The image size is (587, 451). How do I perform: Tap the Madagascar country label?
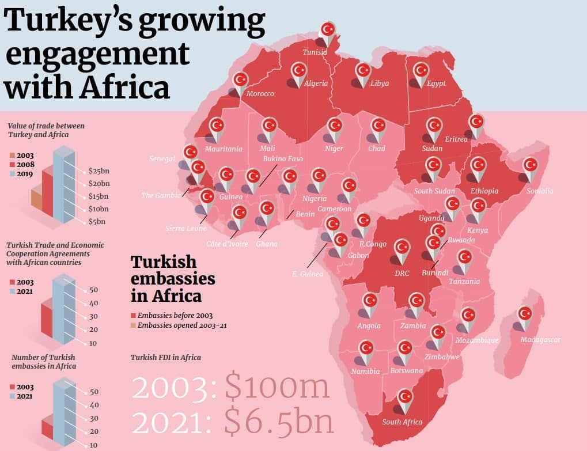[540, 340]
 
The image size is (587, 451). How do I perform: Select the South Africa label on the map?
[402, 422]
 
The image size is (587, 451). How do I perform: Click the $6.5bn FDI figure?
[279, 422]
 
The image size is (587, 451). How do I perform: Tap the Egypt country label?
[437, 84]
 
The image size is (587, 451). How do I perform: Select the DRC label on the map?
[402, 274]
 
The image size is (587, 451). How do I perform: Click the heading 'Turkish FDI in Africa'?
[166, 358]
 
